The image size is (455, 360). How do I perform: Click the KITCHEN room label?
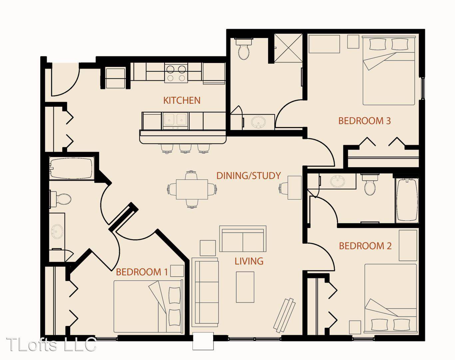tap(182, 100)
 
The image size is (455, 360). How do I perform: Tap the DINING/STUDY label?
tap(248, 176)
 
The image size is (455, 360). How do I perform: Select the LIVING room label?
tap(249, 261)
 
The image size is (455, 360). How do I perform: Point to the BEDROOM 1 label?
tap(142, 272)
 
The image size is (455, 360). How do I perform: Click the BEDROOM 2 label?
tap(365, 246)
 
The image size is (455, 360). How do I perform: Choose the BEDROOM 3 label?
tap(364, 121)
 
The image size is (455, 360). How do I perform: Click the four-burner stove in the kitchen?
tap(176, 73)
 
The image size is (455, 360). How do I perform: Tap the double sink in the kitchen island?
tap(175, 121)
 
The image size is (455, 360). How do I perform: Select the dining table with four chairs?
tap(192, 189)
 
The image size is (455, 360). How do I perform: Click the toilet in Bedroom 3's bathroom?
tap(244, 49)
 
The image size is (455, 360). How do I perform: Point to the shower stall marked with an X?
tap(288, 48)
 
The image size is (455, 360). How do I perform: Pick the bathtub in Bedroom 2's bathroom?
tap(407, 200)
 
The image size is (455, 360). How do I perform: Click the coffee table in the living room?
tap(245, 287)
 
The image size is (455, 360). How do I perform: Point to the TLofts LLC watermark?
tap(52, 345)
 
